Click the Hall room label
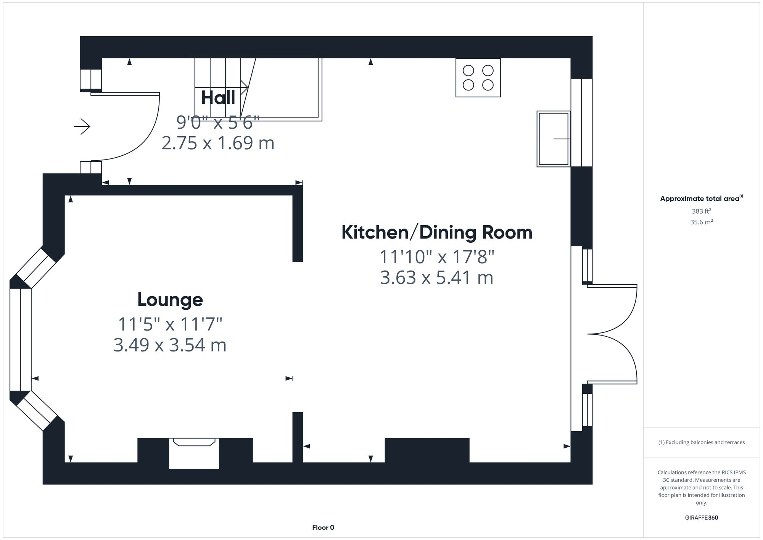click(218, 98)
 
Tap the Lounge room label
click(170, 300)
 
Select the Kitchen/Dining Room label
click(437, 232)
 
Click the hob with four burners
click(478, 77)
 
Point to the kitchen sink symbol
click(553, 139)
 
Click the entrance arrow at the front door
click(82, 126)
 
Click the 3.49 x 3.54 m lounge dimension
click(170, 345)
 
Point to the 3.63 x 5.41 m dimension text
click(437, 277)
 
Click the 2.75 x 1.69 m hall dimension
click(218, 143)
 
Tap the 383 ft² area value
click(701, 211)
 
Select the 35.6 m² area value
click(701, 222)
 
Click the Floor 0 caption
click(323, 527)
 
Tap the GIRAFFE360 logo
click(701, 517)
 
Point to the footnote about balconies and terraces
click(701, 442)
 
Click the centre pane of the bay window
click(20, 340)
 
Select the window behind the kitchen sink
click(581, 123)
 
